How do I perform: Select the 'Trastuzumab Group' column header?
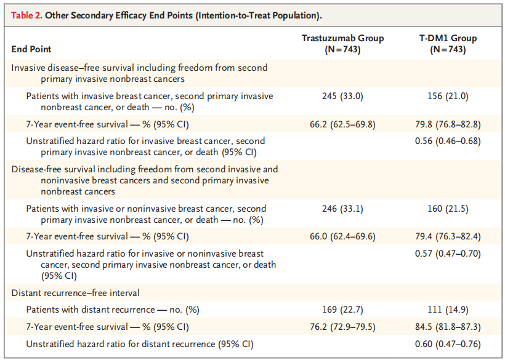(342, 43)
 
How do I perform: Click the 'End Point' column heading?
(31, 49)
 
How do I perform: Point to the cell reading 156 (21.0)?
(448, 96)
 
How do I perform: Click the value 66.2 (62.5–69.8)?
(342, 124)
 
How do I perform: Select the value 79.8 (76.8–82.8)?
(448, 124)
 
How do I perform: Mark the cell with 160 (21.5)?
(448, 209)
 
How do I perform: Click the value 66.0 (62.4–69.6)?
(342, 236)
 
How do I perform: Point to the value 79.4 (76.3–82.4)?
(448, 236)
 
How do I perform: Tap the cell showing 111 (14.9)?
(448, 309)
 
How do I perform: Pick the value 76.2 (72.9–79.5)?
(342, 326)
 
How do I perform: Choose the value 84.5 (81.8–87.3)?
(448, 326)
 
